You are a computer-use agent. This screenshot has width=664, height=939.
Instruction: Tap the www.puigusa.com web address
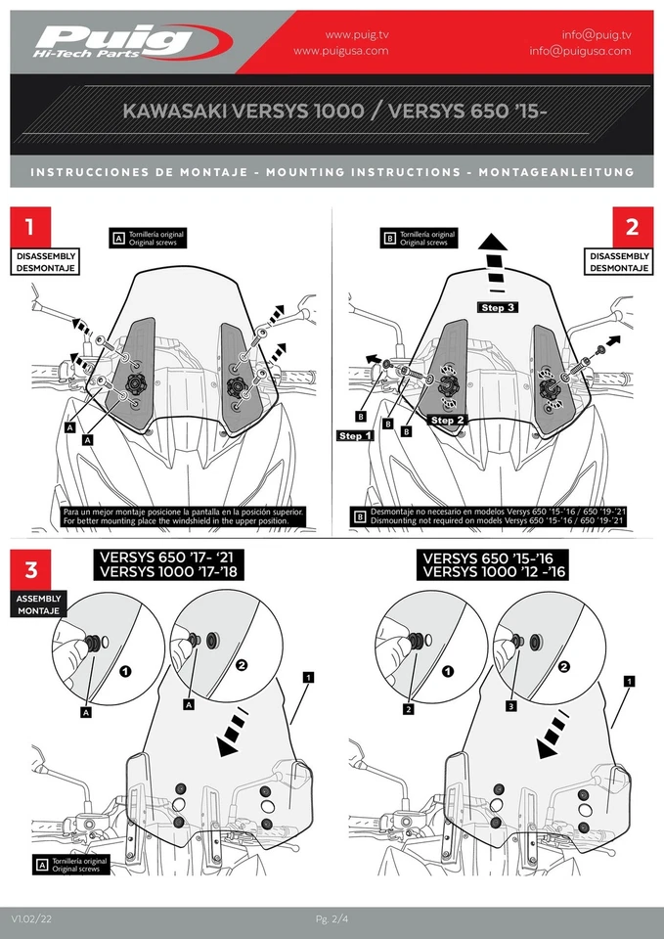click(x=340, y=51)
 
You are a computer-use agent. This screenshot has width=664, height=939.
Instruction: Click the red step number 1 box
click(x=30, y=228)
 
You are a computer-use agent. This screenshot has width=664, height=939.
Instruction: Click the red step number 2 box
click(x=633, y=228)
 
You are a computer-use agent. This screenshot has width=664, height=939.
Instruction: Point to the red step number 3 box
click(x=30, y=570)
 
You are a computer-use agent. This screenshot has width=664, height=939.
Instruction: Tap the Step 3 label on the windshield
click(x=498, y=307)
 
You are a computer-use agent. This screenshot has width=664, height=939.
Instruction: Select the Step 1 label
click(x=356, y=435)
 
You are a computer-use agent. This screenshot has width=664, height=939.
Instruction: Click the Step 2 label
click(x=448, y=420)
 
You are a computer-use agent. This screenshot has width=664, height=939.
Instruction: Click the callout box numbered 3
click(x=511, y=704)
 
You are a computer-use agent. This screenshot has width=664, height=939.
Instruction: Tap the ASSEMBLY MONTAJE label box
click(x=39, y=604)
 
